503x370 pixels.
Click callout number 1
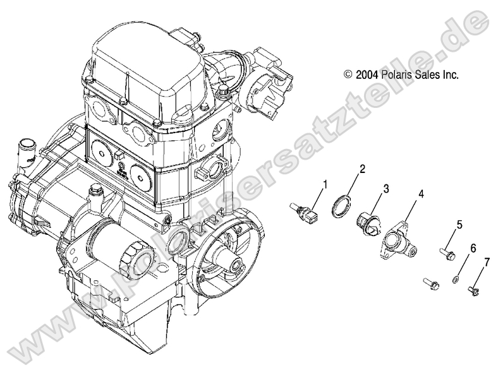pyautogui.click(x=325, y=185)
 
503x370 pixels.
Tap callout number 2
pyautogui.click(x=362, y=169)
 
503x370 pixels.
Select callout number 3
pyautogui.click(x=385, y=188)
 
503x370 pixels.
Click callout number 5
pyautogui.click(x=459, y=224)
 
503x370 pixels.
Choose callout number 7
pyautogui.click(x=487, y=261)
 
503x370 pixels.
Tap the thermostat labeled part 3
pyautogui.click(x=368, y=222)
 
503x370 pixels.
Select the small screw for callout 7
pyautogui.click(x=473, y=290)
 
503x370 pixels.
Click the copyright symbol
pyautogui.click(x=348, y=75)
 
